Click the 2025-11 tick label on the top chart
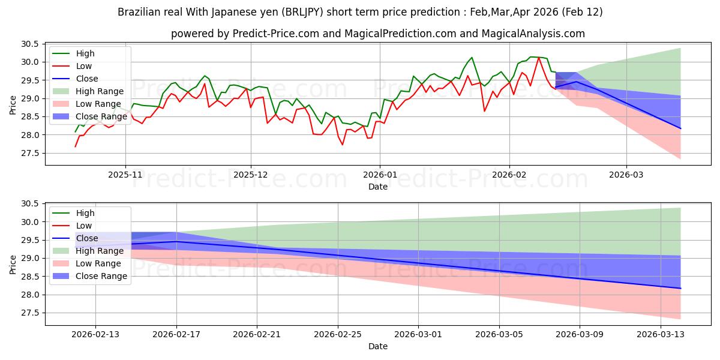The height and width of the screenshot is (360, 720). [x=125, y=175]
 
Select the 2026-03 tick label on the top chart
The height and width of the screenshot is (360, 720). [x=626, y=175]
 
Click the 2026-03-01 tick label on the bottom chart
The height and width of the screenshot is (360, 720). [x=418, y=334]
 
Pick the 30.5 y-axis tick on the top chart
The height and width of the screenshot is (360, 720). [x=30, y=44]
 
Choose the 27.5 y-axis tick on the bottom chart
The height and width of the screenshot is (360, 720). [x=30, y=313]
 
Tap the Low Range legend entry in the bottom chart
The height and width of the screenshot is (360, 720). [x=98, y=263]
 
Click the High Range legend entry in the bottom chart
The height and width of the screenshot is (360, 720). [x=100, y=251]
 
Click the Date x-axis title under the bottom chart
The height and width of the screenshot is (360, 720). [x=378, y=346]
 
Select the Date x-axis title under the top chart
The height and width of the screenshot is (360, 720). [x=378, y=187]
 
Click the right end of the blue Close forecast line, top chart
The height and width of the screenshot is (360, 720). [x=680, y=128]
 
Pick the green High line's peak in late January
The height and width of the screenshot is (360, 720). [x=472, y=58]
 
